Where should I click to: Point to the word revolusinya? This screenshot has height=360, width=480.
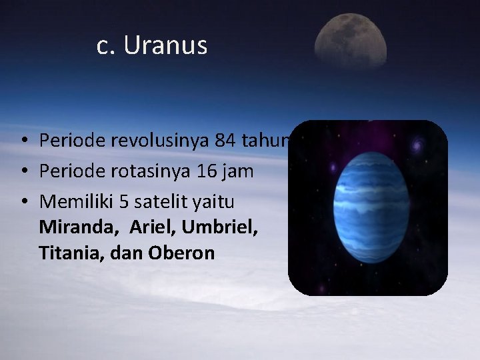click(x=157, y=141)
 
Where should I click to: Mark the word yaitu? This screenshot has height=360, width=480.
click(x=214, y=201)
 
